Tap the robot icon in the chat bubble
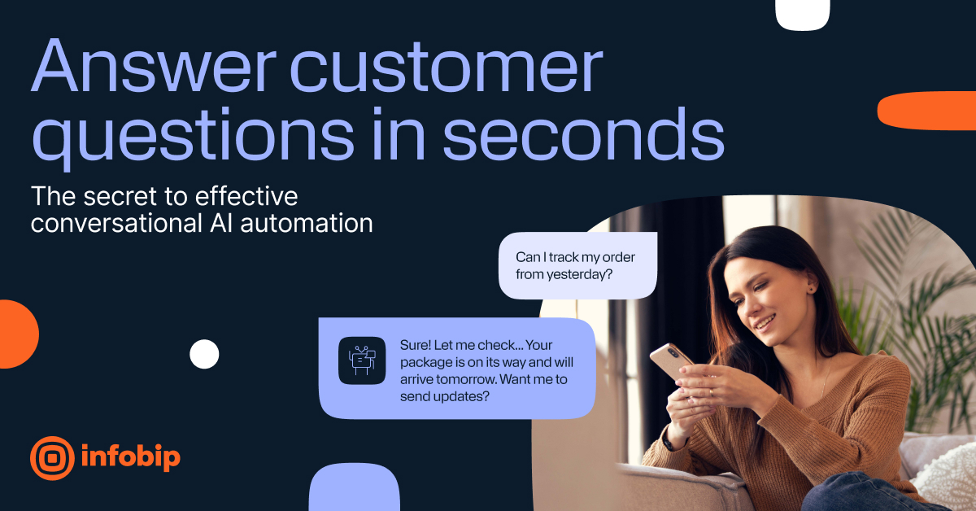[x=362, y=360]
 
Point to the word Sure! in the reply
[x=416, y=344]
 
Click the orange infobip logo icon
[x=52, y=457]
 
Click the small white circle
[x=204, y=354]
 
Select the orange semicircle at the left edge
[x=16, y=334]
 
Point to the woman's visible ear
[x=810, y=287]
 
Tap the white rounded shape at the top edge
[x=802, y=14]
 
